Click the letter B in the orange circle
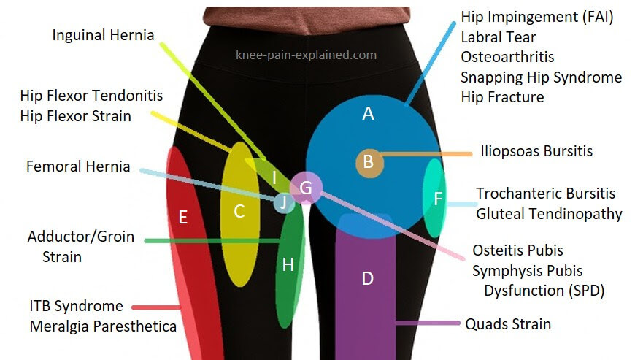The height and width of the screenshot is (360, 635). pyautogui.click(x=368, y=161)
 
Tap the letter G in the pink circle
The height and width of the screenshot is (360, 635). pyautogui.click(x=305, y=188)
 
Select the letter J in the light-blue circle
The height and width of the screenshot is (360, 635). pyautogui.click(x=283, y=202)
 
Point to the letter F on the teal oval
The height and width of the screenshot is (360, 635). pyautogui.click(x=438, y=199)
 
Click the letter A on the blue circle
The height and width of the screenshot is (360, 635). pyautogui.click(x=368, y=113)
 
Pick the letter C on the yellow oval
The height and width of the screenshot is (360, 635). pyautogui.click(x=239, y=211)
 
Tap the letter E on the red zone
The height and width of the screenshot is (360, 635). pyautogui.click(x=183, y=218)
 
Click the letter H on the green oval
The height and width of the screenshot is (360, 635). pyautogui.click(x=288, y=265)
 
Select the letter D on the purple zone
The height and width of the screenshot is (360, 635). pyautogui.click(x=367, y=279)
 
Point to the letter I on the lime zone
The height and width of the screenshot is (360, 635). pyautogui.click(x=274, y=178)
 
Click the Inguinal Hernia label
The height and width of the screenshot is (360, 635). pyautogui.click(x=103, y=35)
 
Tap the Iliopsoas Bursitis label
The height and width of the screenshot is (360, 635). pyautogui.click(x=536, y=151)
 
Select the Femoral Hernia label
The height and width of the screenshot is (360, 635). pyautogui.click(x=78, y=166)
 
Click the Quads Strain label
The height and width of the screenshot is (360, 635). pyautogui.click(x=508, y=324)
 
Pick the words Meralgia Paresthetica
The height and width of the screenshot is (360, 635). pyautogui.click(x=103, y=326)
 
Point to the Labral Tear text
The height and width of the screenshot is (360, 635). pyautogui.click(x=499, y=37)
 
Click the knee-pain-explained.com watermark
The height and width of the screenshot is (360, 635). pyautogui.click(x=306, y=55)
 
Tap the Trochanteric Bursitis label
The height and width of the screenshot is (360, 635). pyautogui.click(x=546, y=194)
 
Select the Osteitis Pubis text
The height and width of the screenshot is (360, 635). pyautogui.click(x=518, y=250)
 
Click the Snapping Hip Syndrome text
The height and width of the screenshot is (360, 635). pyautogui.click(x=542, y=77)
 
